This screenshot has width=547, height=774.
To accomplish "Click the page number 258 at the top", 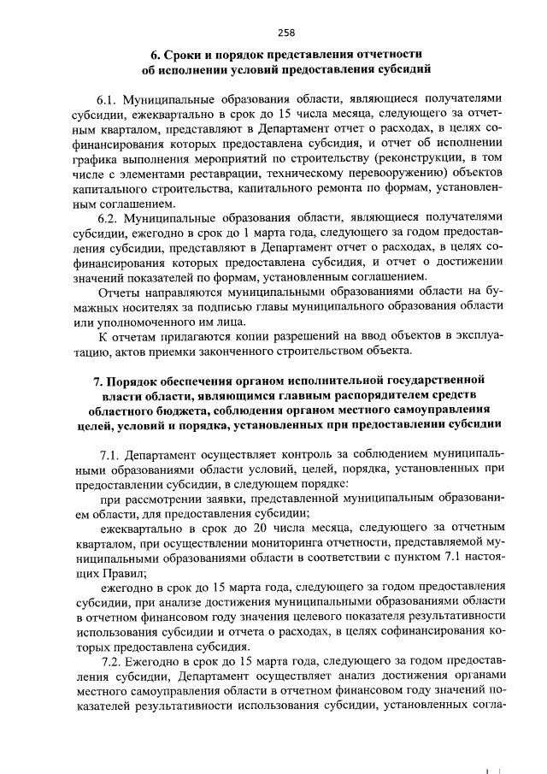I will point(286,32).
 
